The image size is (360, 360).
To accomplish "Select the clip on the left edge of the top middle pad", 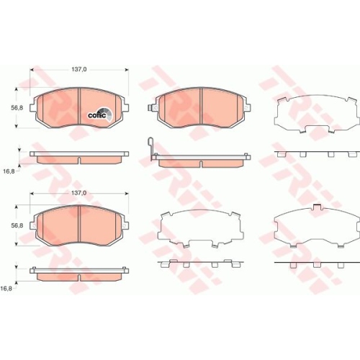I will click(x=152, y=107).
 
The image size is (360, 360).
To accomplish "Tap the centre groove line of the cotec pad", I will click(x=78, y=107).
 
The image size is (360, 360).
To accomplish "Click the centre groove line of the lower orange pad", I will click(x=78, y=227).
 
